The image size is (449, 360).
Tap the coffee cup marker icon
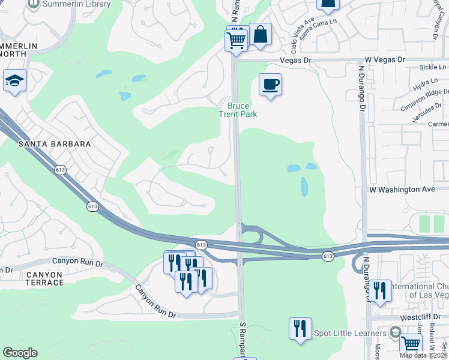click(x=270, y=84)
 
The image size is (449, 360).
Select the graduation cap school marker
click(x=14, y=80)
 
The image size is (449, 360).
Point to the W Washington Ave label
click(x=402, y=189)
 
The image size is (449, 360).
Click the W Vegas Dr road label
click(x=385, y=61)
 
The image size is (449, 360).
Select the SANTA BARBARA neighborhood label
click(x=55, y=144)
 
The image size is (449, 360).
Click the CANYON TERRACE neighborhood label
click(x=36, y=278)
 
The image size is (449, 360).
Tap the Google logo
click(x=20, y=353)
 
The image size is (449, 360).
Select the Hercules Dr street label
click(x=424, y=111)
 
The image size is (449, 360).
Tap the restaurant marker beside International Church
click(x=379, y=292)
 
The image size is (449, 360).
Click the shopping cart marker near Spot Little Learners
click(x=411, y=344)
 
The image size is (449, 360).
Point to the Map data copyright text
click(x=423, y=355)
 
